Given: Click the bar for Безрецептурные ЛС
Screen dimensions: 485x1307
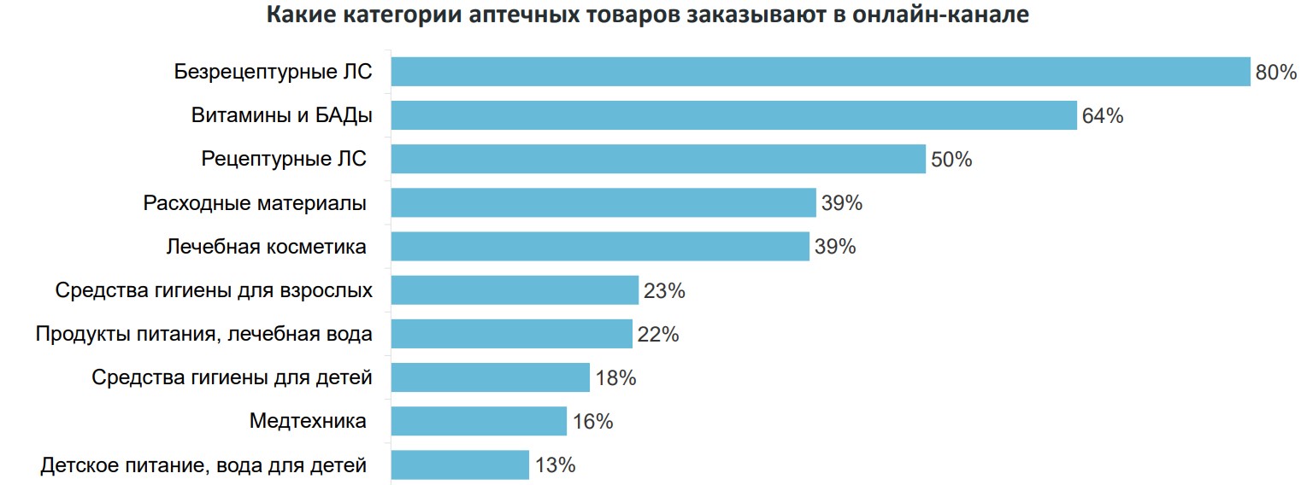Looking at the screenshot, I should pos(821,72).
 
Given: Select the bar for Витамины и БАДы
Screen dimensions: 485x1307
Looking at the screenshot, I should pos(733,115).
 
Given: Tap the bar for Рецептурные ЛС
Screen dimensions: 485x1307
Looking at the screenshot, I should pos(658,159).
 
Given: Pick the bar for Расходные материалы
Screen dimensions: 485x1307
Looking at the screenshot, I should pos(603,203).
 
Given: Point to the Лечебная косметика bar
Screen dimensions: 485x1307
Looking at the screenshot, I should pos(600,247).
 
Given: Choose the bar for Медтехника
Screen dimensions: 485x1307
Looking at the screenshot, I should pos(479,421).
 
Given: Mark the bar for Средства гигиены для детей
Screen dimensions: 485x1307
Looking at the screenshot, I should pos(491,377).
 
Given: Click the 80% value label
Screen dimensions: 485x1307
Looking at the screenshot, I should pos(1276,73).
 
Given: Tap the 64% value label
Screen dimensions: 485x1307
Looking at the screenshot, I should pos(1102,116).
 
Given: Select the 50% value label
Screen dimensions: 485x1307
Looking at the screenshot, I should pos(951,160).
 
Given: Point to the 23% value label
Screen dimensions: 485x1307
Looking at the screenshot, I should pos(664,291).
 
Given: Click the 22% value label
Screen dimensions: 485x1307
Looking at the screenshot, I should pos(657,335).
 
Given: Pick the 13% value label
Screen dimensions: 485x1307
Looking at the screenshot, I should pos(555,465).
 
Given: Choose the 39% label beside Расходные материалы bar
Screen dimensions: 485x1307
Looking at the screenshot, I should pos(842,204).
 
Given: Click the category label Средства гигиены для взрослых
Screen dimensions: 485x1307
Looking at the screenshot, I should pos(214,290).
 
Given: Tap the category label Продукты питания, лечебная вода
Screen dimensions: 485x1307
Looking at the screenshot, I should pos(203,334).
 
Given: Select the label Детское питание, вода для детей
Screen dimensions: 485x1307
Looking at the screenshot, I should pos(203,465).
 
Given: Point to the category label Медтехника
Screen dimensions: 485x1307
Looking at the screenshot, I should pos(308,421).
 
